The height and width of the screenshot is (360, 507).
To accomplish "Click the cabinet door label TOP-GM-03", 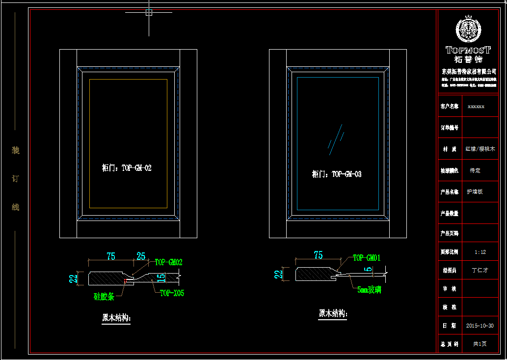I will pos(337,174).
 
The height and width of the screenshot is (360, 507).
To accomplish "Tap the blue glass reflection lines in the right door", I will pos(336,139).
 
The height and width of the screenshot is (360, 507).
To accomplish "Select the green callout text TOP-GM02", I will pos(168,262).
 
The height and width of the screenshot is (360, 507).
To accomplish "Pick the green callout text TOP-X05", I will pos(172,293).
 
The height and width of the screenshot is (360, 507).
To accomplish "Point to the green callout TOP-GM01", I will pos(367,258).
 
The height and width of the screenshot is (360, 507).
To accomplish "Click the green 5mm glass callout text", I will pos(370,290).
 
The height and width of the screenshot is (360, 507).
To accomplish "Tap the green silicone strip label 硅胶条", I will pos(104,296).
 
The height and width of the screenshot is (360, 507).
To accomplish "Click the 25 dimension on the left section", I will pos(141,256).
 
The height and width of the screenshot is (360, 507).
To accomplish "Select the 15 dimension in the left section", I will pos(161,278).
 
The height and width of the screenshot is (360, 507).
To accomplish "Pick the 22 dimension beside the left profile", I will pos(73,279).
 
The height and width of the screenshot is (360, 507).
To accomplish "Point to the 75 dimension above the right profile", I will pos(318,255).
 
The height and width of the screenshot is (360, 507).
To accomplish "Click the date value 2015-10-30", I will pos(480,326).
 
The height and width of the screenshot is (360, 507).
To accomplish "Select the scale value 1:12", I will pos(480,252).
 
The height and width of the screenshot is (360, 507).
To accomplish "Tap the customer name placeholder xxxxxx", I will pos(476,106).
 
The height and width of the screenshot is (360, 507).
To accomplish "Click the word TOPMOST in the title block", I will pos(468,50).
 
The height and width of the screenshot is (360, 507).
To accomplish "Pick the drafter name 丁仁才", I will pos(480,270).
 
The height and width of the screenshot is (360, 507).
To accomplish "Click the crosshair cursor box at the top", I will pos(149,12).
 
